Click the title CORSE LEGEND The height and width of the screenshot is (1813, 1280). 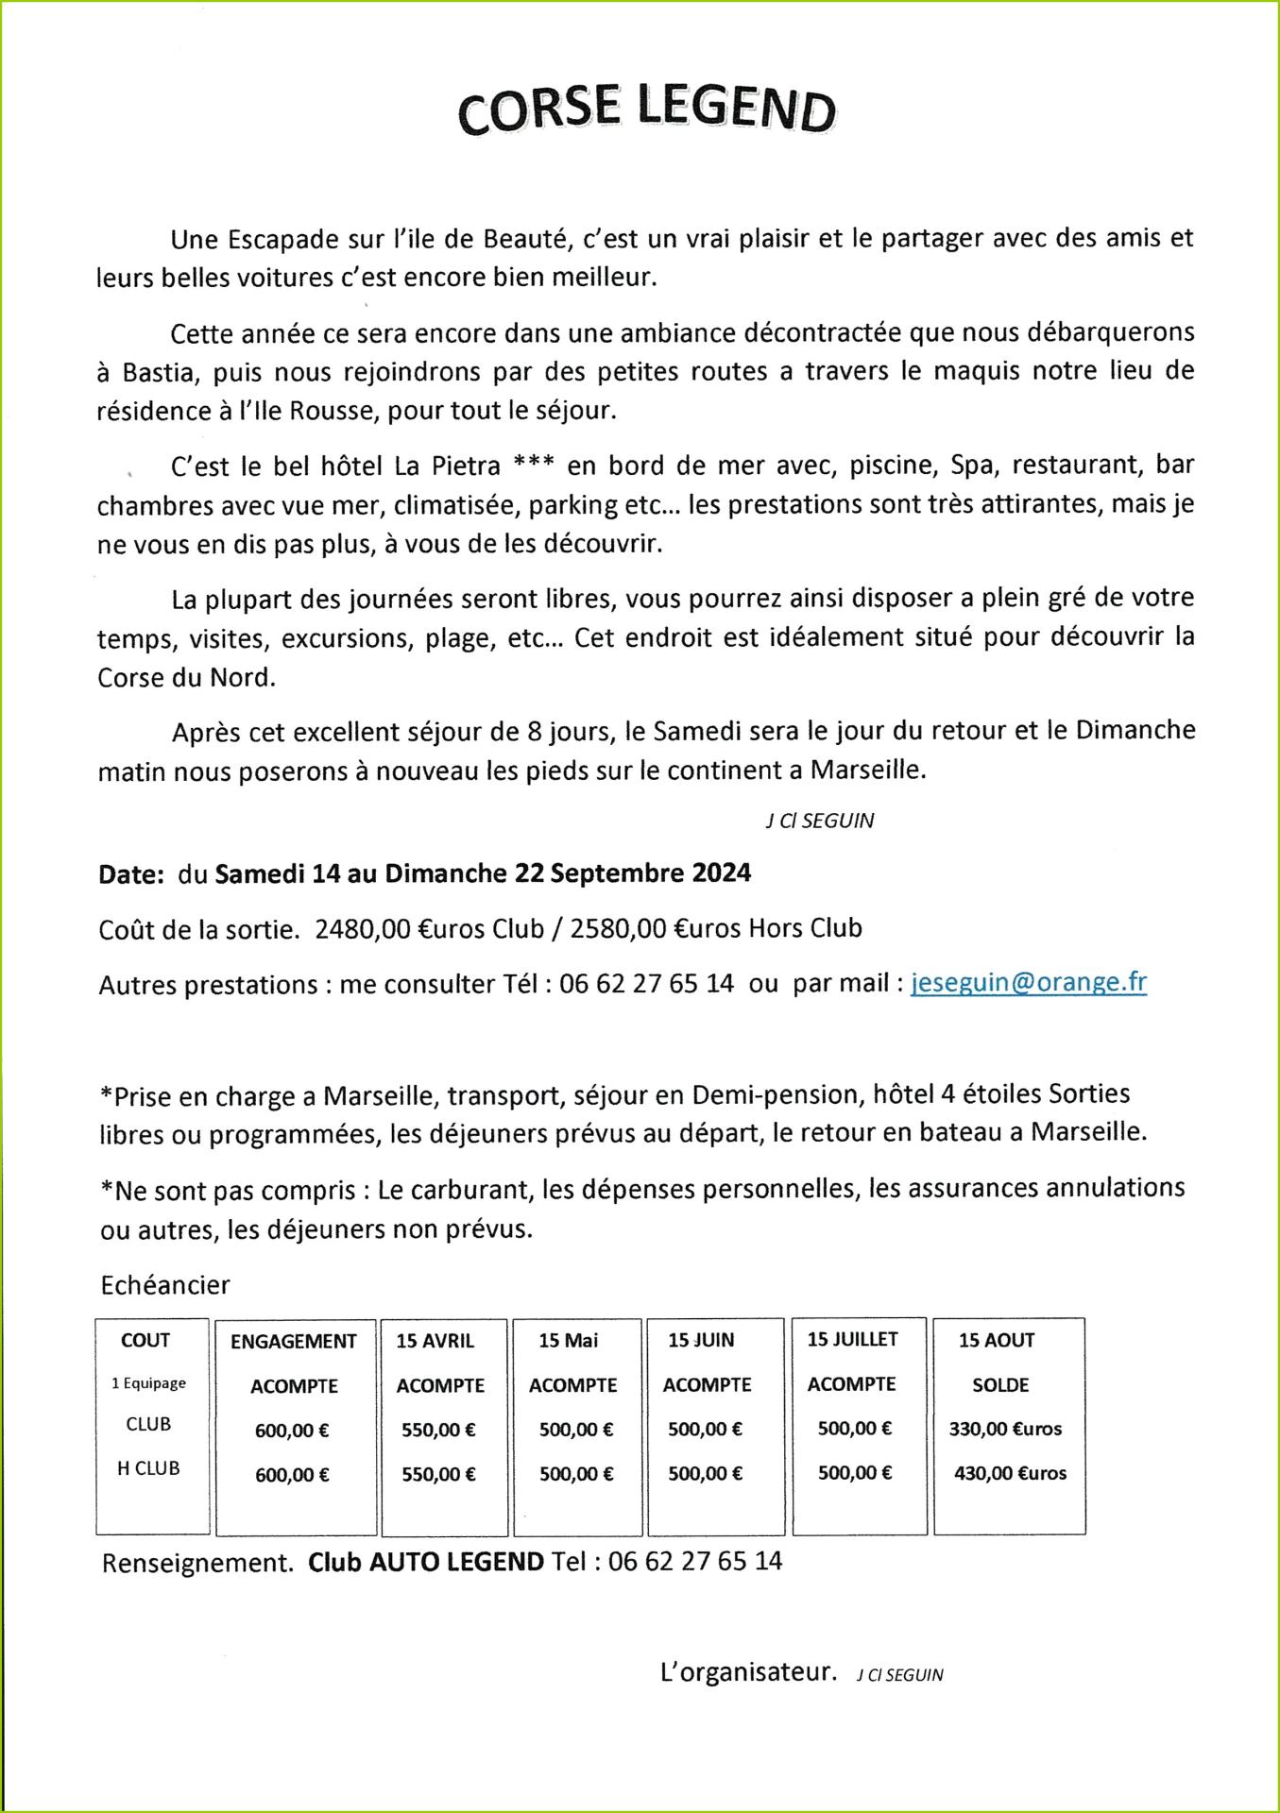click(x=647, y=112)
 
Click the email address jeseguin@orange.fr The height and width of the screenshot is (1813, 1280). click(x=1029, y=982)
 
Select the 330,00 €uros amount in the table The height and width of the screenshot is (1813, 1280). click(x=1005, y=1429)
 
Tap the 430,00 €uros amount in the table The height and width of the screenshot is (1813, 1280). click(x=1010, y=1473)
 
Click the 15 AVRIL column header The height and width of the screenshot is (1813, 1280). click(x=435, y=1341)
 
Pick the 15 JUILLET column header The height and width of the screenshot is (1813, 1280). click(x=853, y=1339)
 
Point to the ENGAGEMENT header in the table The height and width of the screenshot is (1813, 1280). click(x=294, y=1342)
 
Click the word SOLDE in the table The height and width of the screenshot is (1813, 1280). click(x=1000, y=1385)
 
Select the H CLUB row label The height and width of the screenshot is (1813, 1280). click(x=148, y=1468)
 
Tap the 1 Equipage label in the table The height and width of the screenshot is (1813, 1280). click(x=148, y=1383)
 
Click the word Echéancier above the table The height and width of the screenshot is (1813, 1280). click(x=165, y=1285)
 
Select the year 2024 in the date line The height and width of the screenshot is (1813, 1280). click(x=721, y=873)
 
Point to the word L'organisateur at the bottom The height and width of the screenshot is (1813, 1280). click(x=748, y=1673)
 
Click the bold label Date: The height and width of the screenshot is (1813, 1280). click(x=131, y=874)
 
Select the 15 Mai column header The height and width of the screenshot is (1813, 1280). click(x=569, y=1341)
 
